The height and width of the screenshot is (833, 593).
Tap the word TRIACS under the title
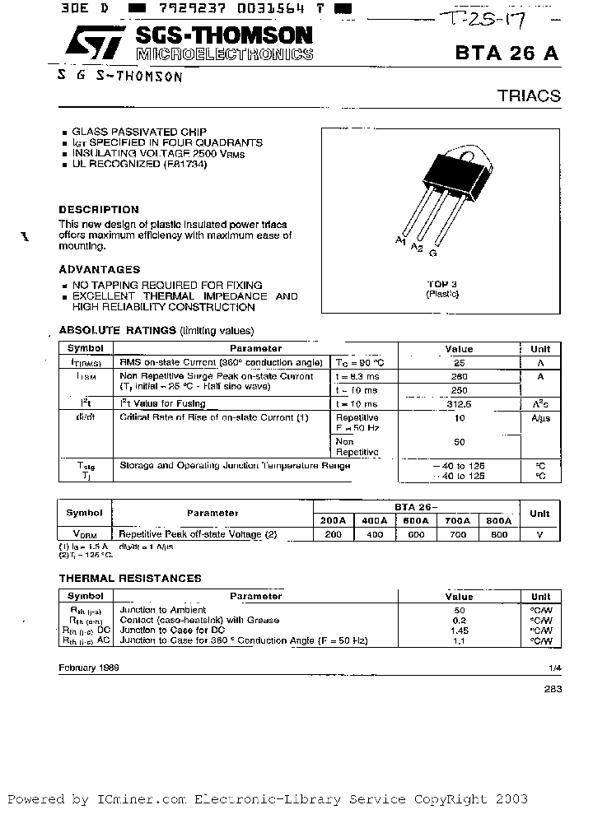(x=529, y=95)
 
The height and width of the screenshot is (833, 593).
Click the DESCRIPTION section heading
(x=99, y=209)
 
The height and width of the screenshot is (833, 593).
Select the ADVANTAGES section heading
(x=100, y=269)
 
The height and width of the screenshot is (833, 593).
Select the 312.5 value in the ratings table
(x=459, y=404)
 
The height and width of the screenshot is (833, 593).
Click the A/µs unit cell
(x=540, y=417)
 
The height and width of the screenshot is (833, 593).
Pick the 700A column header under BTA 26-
(x=457, y=521)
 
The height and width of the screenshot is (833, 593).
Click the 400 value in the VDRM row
(x=374, y=534)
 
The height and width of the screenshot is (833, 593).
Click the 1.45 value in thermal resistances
(x=459, y=630)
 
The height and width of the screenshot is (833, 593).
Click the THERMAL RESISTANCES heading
(x=130, y=578)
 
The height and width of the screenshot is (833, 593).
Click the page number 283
(x=553, y=689)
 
